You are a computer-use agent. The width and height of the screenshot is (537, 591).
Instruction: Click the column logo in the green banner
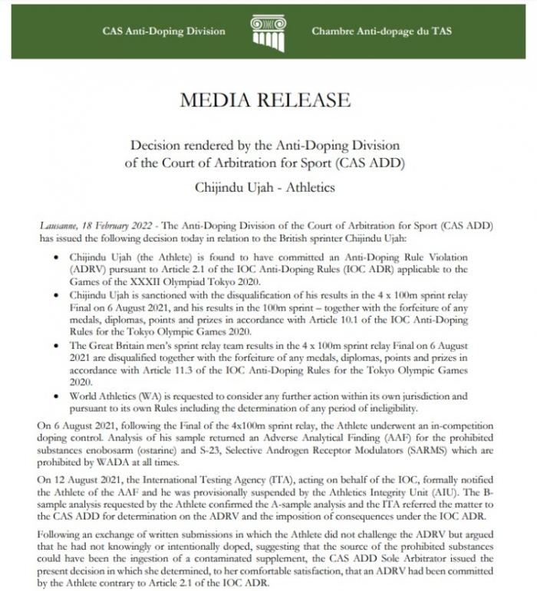click(268, 31)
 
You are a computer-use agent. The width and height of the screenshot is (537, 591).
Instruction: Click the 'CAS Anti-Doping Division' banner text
click(164, 31)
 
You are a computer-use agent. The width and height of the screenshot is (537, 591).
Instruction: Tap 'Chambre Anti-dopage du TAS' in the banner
click(381, 31)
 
